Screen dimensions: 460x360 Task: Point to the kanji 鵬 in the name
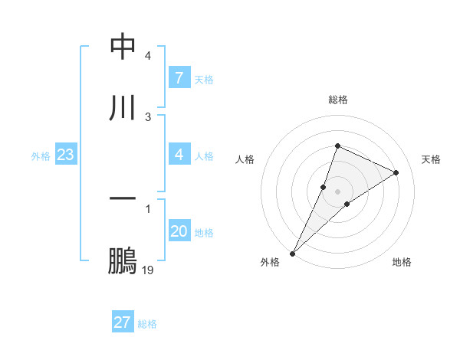123,261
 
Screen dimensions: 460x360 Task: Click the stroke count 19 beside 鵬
148,270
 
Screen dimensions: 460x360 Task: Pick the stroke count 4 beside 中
148,56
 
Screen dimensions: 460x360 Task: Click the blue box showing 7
179,78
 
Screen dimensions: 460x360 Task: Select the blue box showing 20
179,231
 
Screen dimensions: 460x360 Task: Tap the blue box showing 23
66,155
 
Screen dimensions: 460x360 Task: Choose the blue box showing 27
123,322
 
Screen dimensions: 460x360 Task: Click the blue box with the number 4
179,155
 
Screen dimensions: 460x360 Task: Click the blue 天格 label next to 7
204,79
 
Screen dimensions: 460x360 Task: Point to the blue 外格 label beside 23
41,156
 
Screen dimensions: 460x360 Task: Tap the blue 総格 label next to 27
147,323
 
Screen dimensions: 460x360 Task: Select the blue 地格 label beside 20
204,232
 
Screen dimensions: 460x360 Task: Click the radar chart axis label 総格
338,100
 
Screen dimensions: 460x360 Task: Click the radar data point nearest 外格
292,253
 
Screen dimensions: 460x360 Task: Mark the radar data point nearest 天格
396,173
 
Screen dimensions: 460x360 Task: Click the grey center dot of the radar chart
338,191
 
